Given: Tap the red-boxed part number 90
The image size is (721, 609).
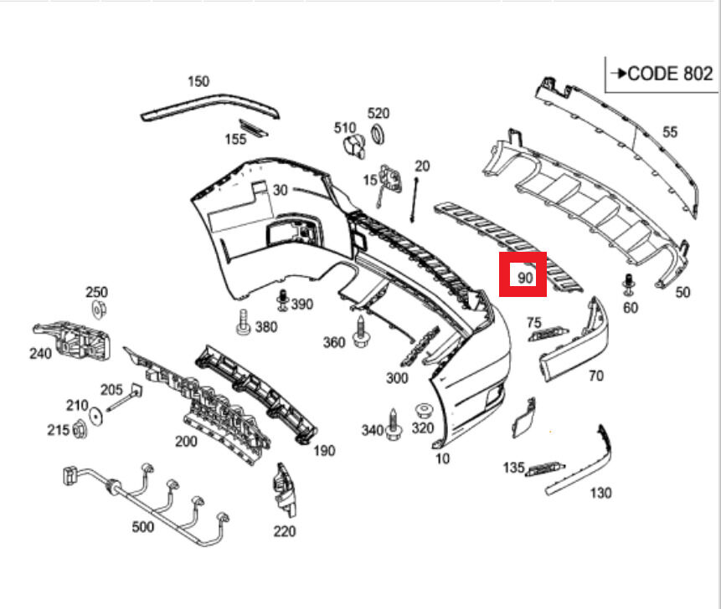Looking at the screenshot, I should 524,276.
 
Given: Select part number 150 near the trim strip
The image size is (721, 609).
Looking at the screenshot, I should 198,81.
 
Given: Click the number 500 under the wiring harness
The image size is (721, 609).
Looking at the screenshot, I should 143,527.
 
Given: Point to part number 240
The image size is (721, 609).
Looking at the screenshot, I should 40,353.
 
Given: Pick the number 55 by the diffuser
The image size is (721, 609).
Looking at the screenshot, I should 670,131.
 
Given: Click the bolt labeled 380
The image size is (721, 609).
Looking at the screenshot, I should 243,323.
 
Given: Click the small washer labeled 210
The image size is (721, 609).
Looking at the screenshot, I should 96,413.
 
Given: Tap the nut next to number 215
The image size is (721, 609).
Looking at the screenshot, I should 81,430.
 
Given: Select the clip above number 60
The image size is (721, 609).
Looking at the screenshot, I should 628,284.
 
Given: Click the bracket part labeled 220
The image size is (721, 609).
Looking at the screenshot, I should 285,491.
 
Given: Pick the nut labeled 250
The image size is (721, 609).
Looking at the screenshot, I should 96,310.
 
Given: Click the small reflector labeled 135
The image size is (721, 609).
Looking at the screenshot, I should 546,468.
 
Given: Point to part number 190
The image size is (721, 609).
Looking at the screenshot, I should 324,451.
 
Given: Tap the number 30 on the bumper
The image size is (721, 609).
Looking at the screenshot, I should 280,190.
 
